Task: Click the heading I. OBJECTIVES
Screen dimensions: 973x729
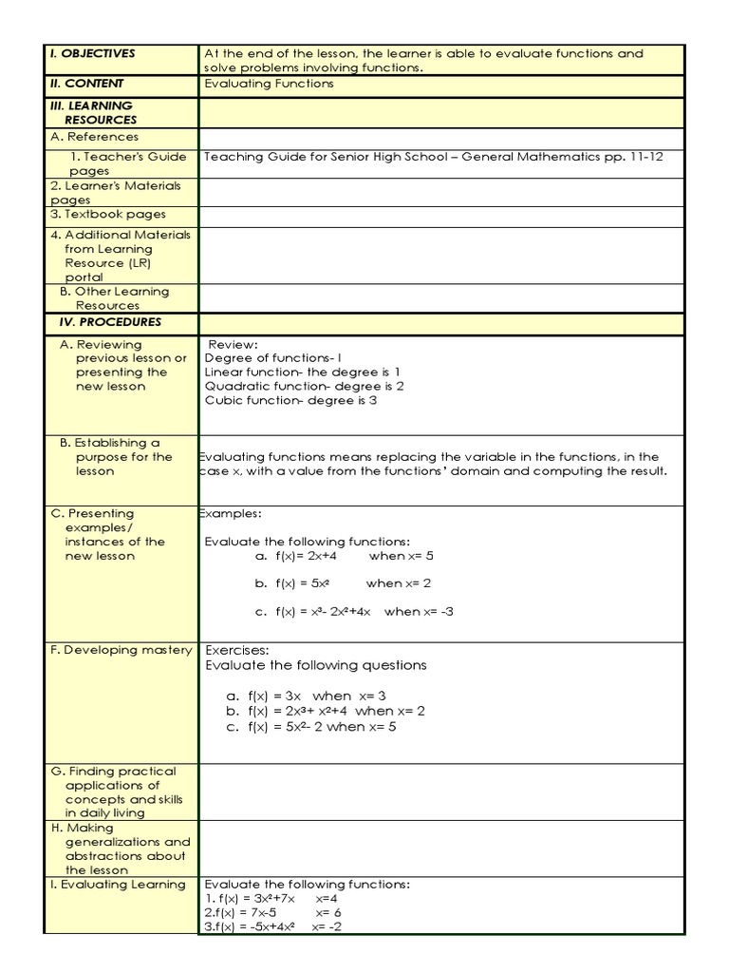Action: pyautogui.click(x=93, y=54)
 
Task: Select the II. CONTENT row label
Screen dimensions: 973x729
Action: pyautogui.click(x=87, y=84)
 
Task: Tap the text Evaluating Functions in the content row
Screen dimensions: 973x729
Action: pyautogui.click(x=269, y=84)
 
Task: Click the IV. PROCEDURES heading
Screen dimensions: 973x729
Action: pyautogui.click(x=110, y=322)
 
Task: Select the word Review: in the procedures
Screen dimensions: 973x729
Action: pyautogui.click(x=234, y=344)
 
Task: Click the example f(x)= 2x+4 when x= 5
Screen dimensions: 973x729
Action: pyautogui.click(x=344, y=556)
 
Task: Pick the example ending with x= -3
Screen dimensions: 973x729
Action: pyautogui.click(x=353, y=612)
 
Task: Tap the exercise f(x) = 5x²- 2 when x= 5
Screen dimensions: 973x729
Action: pyautogui.click(x=310, y=727)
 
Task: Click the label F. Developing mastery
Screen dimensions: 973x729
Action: pyautogui.click(x=121, y=650)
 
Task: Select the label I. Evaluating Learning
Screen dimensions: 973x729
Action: pyautogui.click(x=119, y=885)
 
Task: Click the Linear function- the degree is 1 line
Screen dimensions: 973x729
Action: pyautogui.click(x=302, y=372)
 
